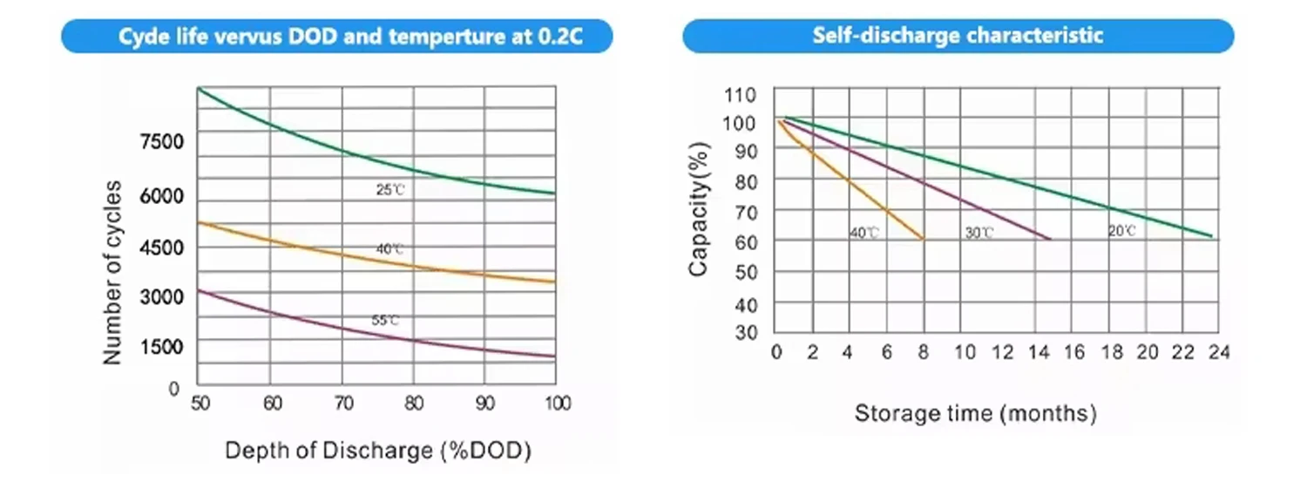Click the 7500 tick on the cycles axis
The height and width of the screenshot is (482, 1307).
[163, 142]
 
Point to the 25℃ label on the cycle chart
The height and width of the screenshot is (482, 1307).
[389, 189]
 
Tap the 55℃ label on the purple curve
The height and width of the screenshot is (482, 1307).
[385, 321]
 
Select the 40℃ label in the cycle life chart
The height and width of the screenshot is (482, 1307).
[389, 249]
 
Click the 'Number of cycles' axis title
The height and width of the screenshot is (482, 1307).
[112, 273]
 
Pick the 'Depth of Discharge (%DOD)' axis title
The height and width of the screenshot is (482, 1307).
[377, 451]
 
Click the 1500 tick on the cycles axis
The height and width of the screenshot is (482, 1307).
[163, 346]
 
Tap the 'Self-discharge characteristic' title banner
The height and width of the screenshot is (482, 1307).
[958, 37]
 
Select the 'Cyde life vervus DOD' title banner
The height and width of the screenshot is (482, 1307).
[336, 37]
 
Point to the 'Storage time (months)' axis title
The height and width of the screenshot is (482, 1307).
[975, 413]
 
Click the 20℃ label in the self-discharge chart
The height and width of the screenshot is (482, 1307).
[1121, 231]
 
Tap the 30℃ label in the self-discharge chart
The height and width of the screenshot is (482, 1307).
[979, 233]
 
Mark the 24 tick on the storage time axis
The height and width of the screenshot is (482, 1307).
[1217, 352]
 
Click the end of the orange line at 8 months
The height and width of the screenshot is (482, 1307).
[923, 239]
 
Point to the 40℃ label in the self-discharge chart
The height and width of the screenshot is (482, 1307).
[863, 233]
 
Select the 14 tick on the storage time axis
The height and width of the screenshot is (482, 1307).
[1037, 352]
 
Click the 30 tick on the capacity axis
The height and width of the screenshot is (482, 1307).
[745, 332]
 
